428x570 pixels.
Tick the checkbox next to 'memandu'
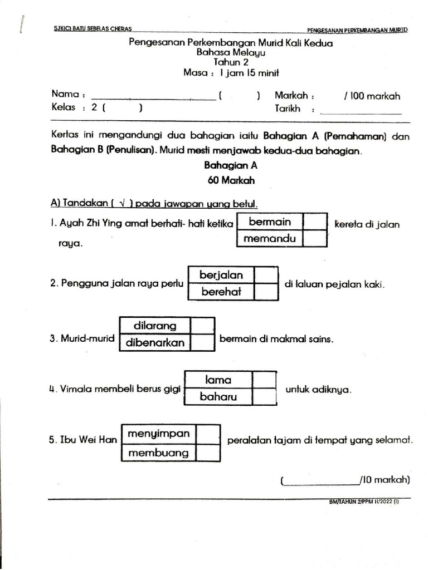(315, 239)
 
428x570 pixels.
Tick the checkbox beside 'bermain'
(315, 222)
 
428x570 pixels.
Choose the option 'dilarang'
(155, 325)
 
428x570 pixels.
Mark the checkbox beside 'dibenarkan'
(203, 342)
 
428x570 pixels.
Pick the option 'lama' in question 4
(218, 380)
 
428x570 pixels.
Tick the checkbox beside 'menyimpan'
(209, 434)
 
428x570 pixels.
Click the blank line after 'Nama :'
(153, 98)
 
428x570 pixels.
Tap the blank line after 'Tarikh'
(361, 111)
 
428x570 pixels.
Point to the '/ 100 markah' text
(372, 96)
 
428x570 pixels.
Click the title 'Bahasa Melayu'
(231, 53)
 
